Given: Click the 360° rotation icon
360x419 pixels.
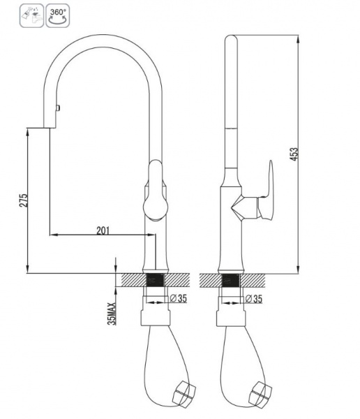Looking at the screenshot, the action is [x=58, y=15].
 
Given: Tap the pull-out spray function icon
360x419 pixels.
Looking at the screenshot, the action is [x=31, y=15].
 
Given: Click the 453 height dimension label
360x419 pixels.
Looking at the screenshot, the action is [x=294, y=154].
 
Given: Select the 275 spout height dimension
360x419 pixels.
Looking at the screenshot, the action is [x=23, y=200].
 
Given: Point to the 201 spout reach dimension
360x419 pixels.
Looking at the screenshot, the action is [x=103, y=230].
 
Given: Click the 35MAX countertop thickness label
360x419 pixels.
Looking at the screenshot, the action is [x=112, y=314].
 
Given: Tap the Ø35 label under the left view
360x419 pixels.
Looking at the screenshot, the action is [x=179, y=298].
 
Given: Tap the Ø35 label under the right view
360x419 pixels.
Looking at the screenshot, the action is [x=254, y=299].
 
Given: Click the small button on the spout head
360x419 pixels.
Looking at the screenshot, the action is [x=58, y=108].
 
